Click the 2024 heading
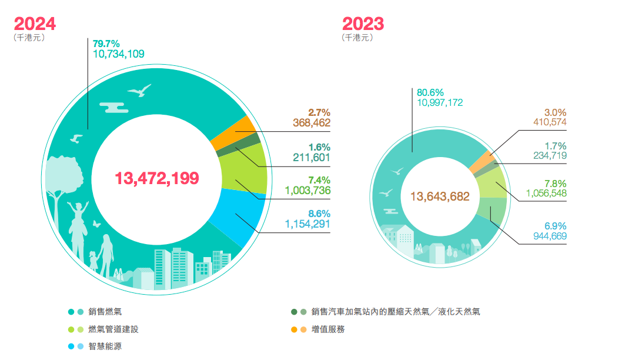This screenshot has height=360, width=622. click(x=35, y=24)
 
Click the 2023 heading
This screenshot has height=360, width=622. click(x=363, y=24)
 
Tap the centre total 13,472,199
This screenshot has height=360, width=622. click(x=157, y=178)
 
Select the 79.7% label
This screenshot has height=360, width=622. click(x=106, y=43)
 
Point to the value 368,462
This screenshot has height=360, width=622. click(x=312, y=123)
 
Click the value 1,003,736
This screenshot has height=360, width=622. click(x=307, y=190)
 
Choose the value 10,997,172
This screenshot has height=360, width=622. click(x=440, y=102)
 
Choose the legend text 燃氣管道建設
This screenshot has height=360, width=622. click(x=113, y=329)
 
